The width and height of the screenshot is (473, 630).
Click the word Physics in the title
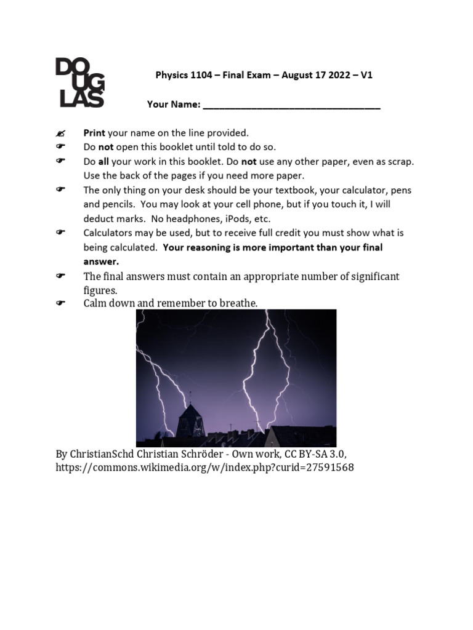point(169,76)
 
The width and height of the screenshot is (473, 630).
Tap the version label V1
point(366,76)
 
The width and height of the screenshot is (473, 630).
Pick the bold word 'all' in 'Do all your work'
point(103,161)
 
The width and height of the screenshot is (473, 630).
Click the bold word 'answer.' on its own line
point(101,261)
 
